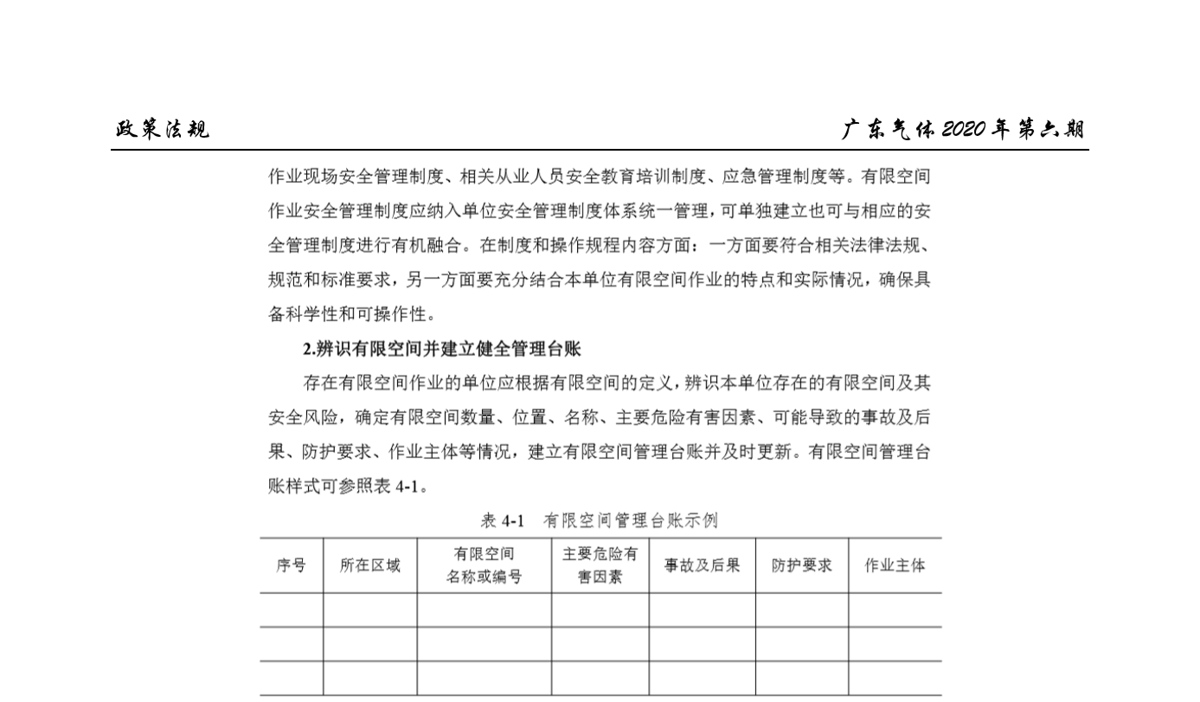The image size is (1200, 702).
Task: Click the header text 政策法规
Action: (x=163, y=130)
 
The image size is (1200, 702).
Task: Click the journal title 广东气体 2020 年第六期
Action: (x=963, y=130)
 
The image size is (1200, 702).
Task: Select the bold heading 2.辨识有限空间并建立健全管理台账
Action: (x=441, y=349)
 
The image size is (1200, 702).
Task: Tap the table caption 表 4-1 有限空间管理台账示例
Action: (x=599, y=520)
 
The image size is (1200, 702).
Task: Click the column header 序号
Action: (x=291, y=565)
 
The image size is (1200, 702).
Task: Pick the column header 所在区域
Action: (x=369, y=565)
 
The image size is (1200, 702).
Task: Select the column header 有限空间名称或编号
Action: (x=484, y=565)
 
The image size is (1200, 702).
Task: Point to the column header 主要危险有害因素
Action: (x=600, y=565)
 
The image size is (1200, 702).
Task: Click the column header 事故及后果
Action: (x=702, y=565)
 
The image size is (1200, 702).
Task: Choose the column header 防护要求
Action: (x=801, y=565)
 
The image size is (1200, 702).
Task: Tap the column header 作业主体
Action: (x=895, y=565)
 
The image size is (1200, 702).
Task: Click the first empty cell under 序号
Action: (x=291, y=610)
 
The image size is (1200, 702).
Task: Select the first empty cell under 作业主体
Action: (x=895, y=610)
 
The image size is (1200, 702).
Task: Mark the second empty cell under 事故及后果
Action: (x=702, y=644)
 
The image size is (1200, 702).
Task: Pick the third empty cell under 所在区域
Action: (x=369, y=678)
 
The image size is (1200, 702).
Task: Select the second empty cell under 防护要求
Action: (x=801, y=644)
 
